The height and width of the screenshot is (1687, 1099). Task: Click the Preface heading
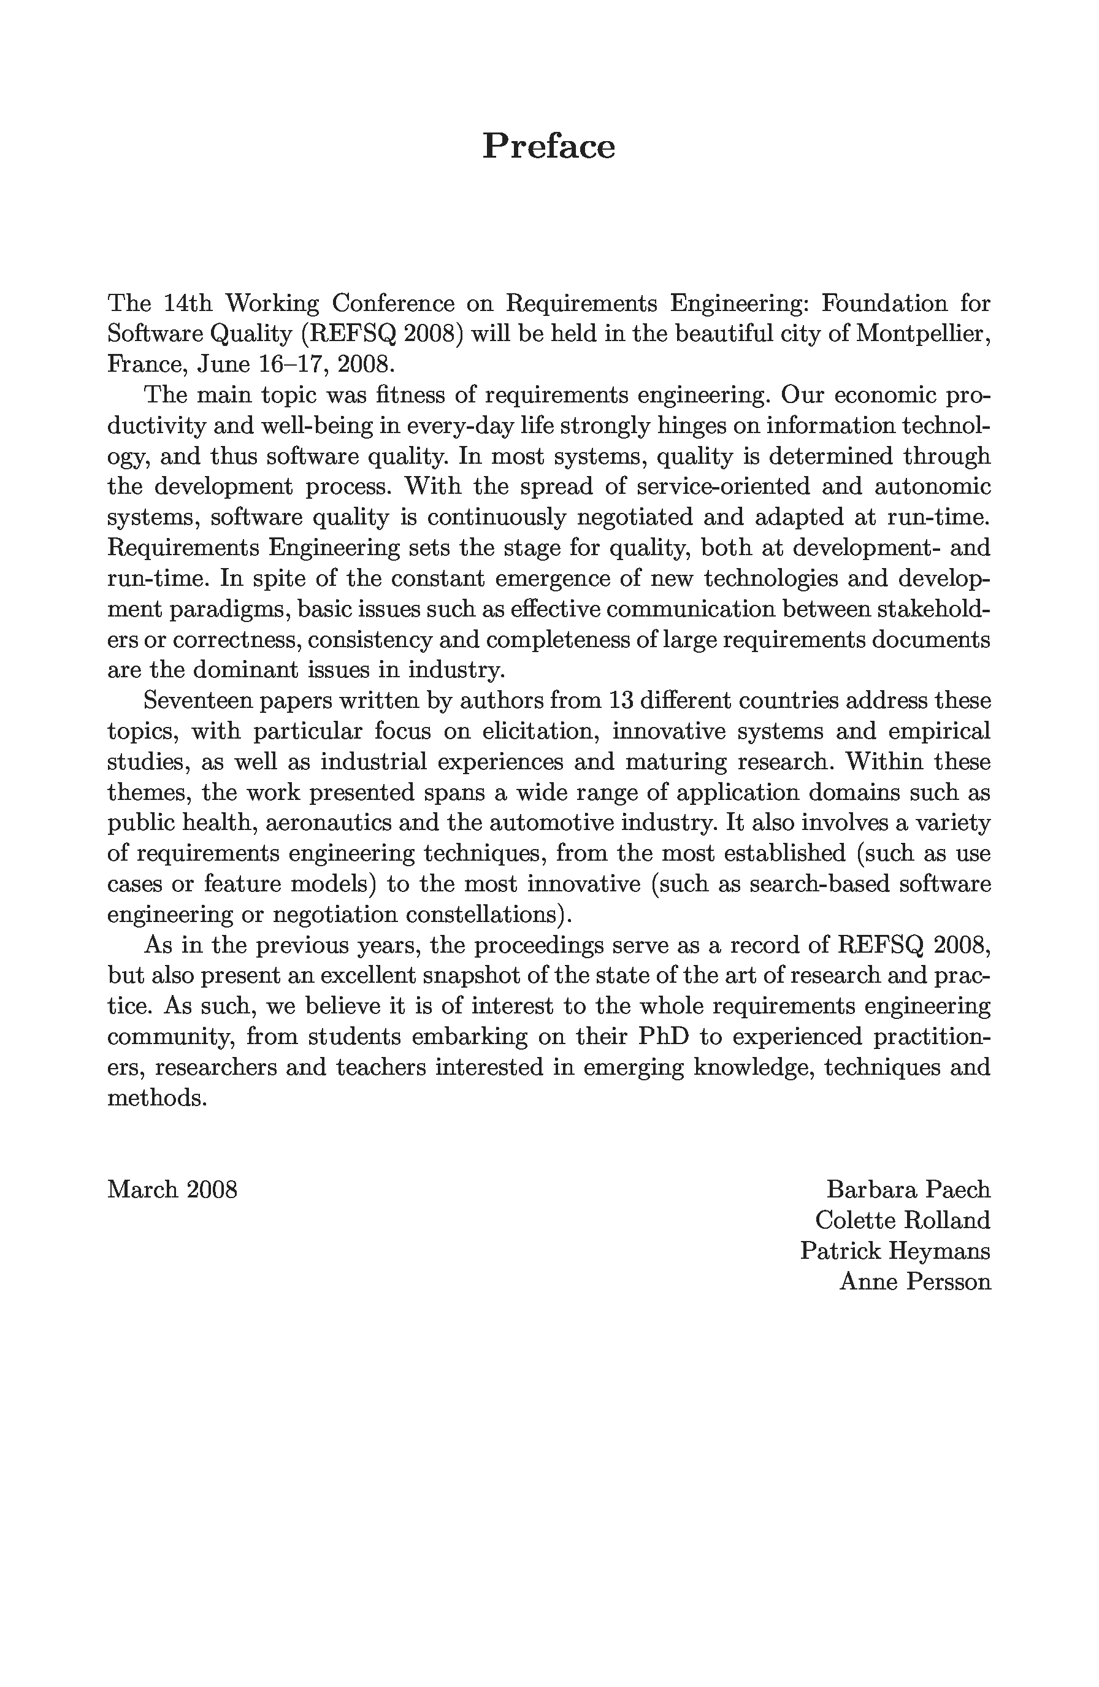pyautogui.click(x=548, y=147)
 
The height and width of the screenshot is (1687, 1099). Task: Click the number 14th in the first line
pyautogui.click(x=188, y=304)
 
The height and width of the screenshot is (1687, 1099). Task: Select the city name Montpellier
pyautogui.click(x=922, y=334)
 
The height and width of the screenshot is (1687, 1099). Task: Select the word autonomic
pyautogui.click(x=932, y=486)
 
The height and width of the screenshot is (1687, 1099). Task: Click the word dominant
pyautogui.click(x=243, y=669)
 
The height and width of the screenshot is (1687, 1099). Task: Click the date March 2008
pyautogui.click(x=172, y=1189)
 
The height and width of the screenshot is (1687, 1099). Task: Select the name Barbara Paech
pyautogui.click(x=908, y=1189)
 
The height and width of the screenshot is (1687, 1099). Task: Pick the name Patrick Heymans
pyautogui.click(x=895, y=1250)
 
